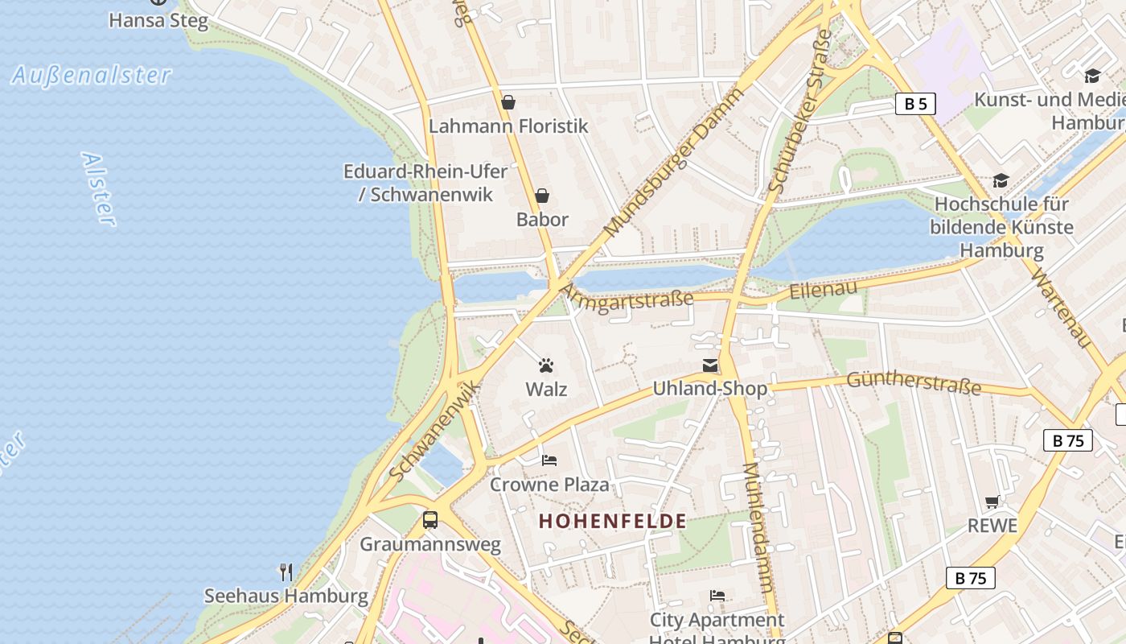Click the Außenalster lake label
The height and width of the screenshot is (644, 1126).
[x=92, y=76]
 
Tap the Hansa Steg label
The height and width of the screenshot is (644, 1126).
[x=158, y=20]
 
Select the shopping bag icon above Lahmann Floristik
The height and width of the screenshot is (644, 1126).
[x=508, y=102]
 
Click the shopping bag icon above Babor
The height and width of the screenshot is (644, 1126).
[x=542, y=196]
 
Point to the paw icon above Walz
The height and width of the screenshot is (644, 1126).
[x=547, y=366]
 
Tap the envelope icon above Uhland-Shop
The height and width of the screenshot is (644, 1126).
[x=710, y=366]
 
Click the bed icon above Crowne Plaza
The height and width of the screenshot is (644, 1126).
[x=549, y=460]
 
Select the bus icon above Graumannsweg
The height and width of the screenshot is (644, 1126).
[x=430, y=520]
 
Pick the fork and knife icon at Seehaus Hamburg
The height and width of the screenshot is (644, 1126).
[x=286, y=572]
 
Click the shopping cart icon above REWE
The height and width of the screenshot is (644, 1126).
[x=992, y=502]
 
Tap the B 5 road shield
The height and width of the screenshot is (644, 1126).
[x=915, y=104]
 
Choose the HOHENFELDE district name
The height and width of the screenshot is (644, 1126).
[x=613, y=522]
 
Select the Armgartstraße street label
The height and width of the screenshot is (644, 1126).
[x=627, y=298]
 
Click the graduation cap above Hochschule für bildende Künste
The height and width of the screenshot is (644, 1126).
[x=1001, y=180]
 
